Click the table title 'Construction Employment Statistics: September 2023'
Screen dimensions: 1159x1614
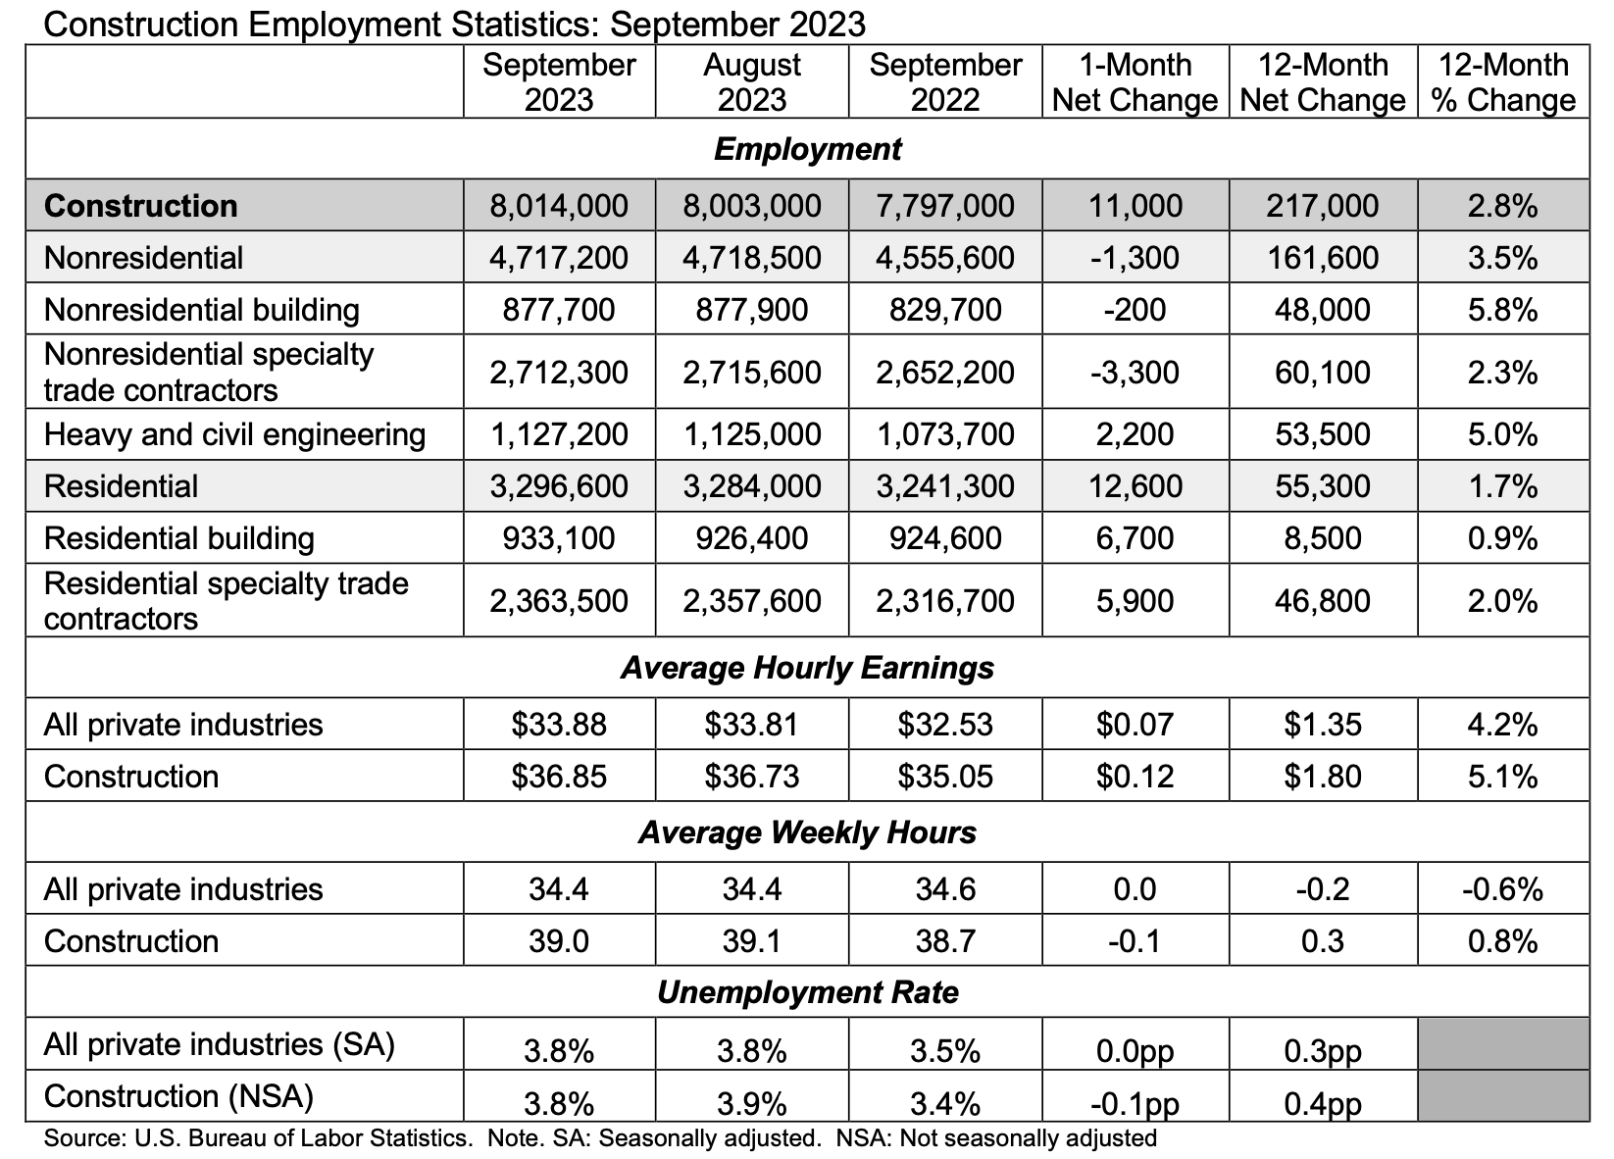point(455,24)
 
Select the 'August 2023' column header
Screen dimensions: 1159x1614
point(752,82)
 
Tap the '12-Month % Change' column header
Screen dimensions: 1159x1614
point(1503,82)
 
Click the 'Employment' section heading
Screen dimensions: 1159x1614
point(807,149)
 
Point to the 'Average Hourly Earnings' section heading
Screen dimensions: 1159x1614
point(807,668)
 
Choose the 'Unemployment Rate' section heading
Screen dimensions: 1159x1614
point(807,992)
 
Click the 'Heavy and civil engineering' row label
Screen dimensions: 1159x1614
point(234,434)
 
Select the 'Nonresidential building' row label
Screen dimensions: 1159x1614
point(202,310)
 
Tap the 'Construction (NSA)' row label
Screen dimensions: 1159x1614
point(178,1096)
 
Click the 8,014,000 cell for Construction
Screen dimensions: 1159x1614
point(559,206)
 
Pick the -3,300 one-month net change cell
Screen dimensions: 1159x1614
point(1135,373)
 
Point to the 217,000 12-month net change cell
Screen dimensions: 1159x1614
point(1322,206)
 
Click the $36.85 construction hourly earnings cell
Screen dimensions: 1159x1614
point(559,777)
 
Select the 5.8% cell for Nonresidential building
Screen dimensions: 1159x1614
point(1502,310)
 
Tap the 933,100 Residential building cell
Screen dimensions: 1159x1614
point(559,538)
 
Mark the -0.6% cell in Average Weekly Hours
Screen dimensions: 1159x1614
point(1502,889)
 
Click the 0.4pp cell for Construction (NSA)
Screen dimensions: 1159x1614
point(1322,1104)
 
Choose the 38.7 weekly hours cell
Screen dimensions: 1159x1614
point(944,941)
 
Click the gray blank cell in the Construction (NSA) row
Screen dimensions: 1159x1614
point(1503,1095)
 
